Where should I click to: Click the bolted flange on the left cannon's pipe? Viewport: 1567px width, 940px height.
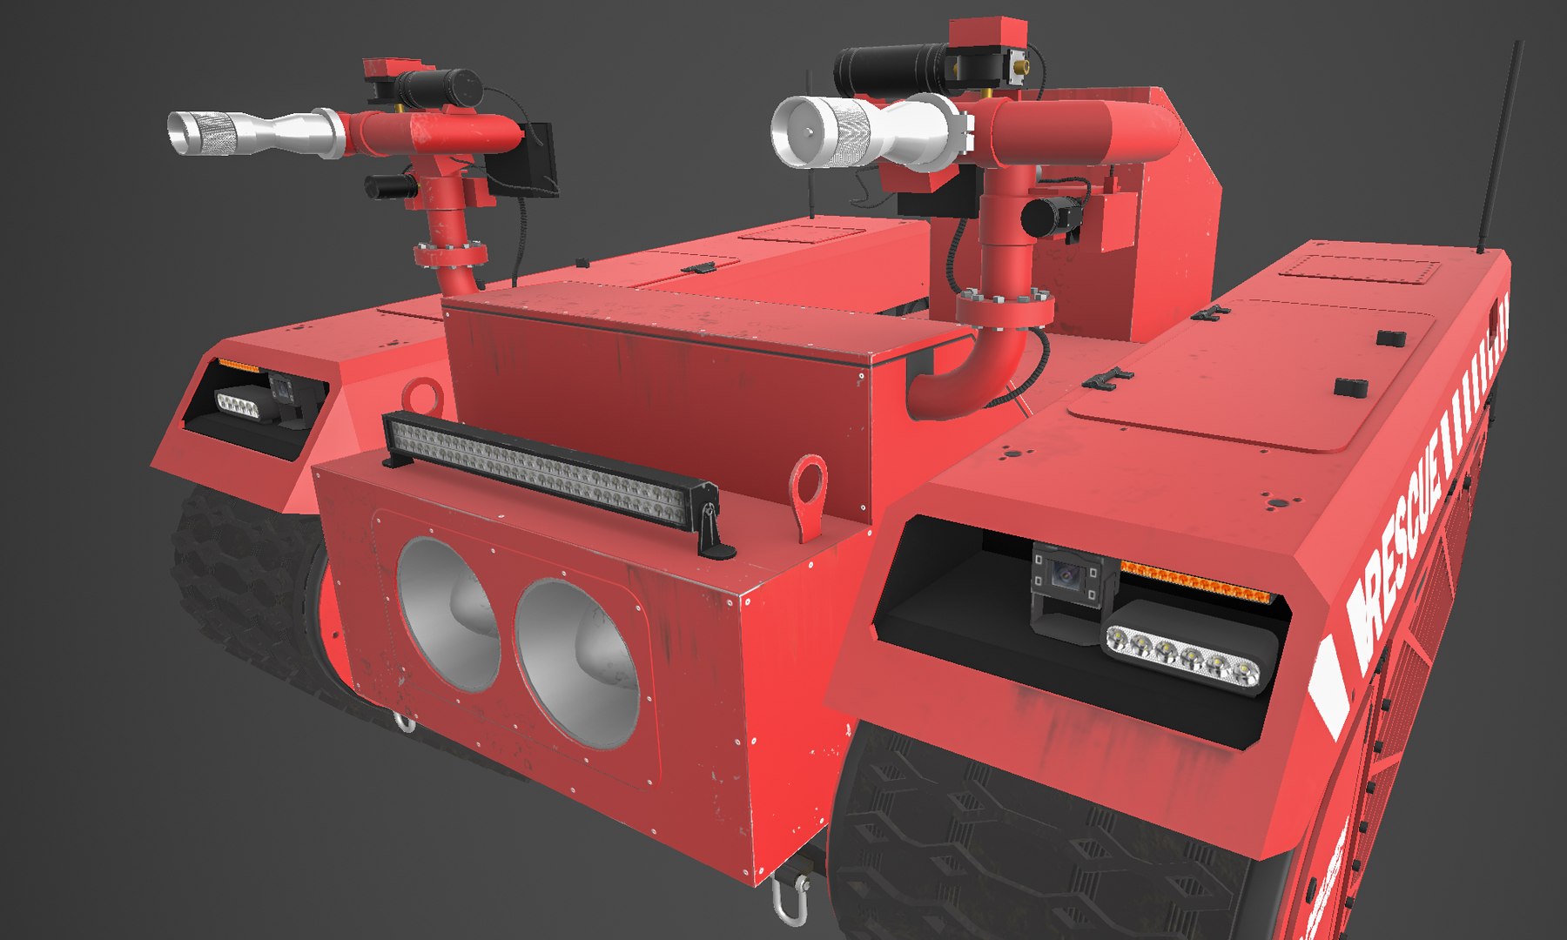coord(451,255)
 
